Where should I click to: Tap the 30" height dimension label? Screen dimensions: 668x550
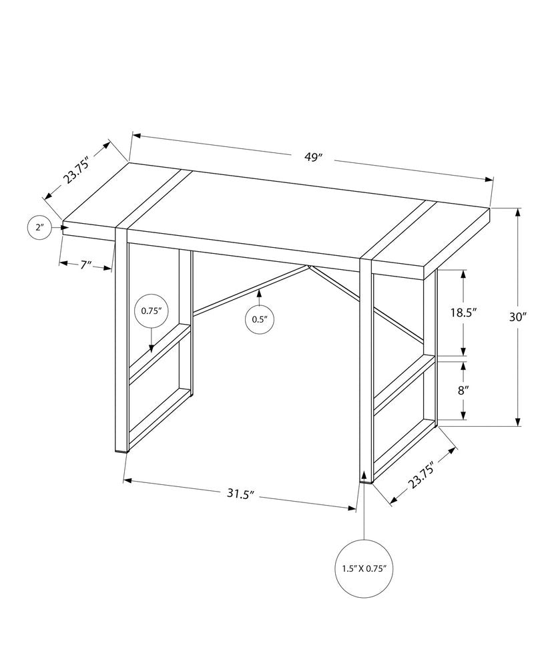518,318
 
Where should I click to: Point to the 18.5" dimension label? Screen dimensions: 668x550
463,313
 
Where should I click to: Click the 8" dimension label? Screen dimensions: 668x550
463,390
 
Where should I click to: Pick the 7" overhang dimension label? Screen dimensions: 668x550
85,265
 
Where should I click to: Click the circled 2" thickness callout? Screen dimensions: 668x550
40,228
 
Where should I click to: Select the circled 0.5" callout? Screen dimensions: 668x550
259,319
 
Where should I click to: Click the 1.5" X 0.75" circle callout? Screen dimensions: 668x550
364,569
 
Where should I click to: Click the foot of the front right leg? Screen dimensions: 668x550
366,478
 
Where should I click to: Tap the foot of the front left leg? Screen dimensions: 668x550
121,451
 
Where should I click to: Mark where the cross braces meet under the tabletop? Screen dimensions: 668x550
309,268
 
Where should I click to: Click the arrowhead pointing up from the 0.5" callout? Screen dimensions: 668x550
259,291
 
